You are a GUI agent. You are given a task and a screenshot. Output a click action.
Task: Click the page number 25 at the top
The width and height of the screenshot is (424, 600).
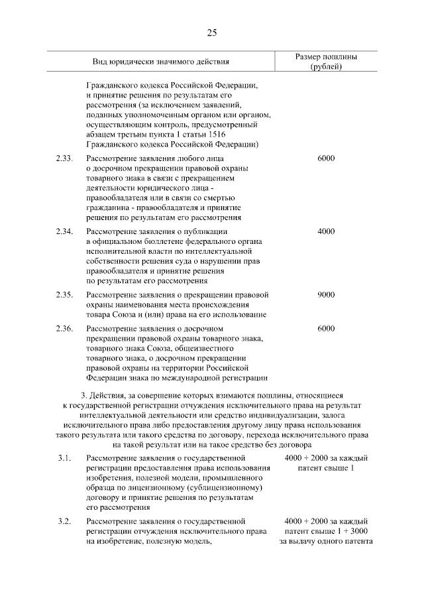click(x=212, y=33)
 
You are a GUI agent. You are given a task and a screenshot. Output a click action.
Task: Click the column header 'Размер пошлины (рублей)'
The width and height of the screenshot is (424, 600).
click(x=325, y=62)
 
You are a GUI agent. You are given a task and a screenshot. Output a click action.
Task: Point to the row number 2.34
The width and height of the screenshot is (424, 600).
click(x=64, y=231)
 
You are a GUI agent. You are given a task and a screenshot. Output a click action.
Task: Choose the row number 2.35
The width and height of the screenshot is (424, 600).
click(x=64, y=294)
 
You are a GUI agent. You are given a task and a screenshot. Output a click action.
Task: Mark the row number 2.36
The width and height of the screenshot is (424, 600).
click(x=64, y=328)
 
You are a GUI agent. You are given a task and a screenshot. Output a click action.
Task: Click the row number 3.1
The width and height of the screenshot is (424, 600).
click(x=64, y=458)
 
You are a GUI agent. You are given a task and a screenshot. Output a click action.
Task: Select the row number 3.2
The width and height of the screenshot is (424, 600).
click(x=64, y=521)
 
